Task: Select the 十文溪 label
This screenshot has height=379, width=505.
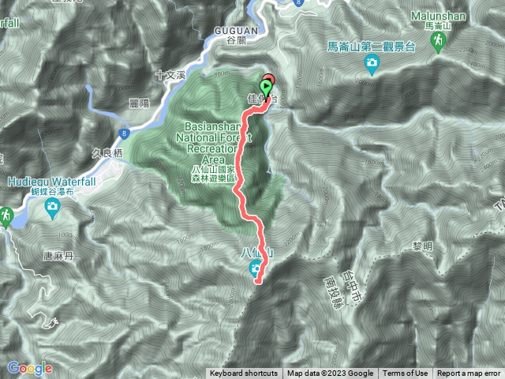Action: click(170, 74)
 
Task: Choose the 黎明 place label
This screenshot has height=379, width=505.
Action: click(423, 246)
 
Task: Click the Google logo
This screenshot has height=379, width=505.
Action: click(30, 368)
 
